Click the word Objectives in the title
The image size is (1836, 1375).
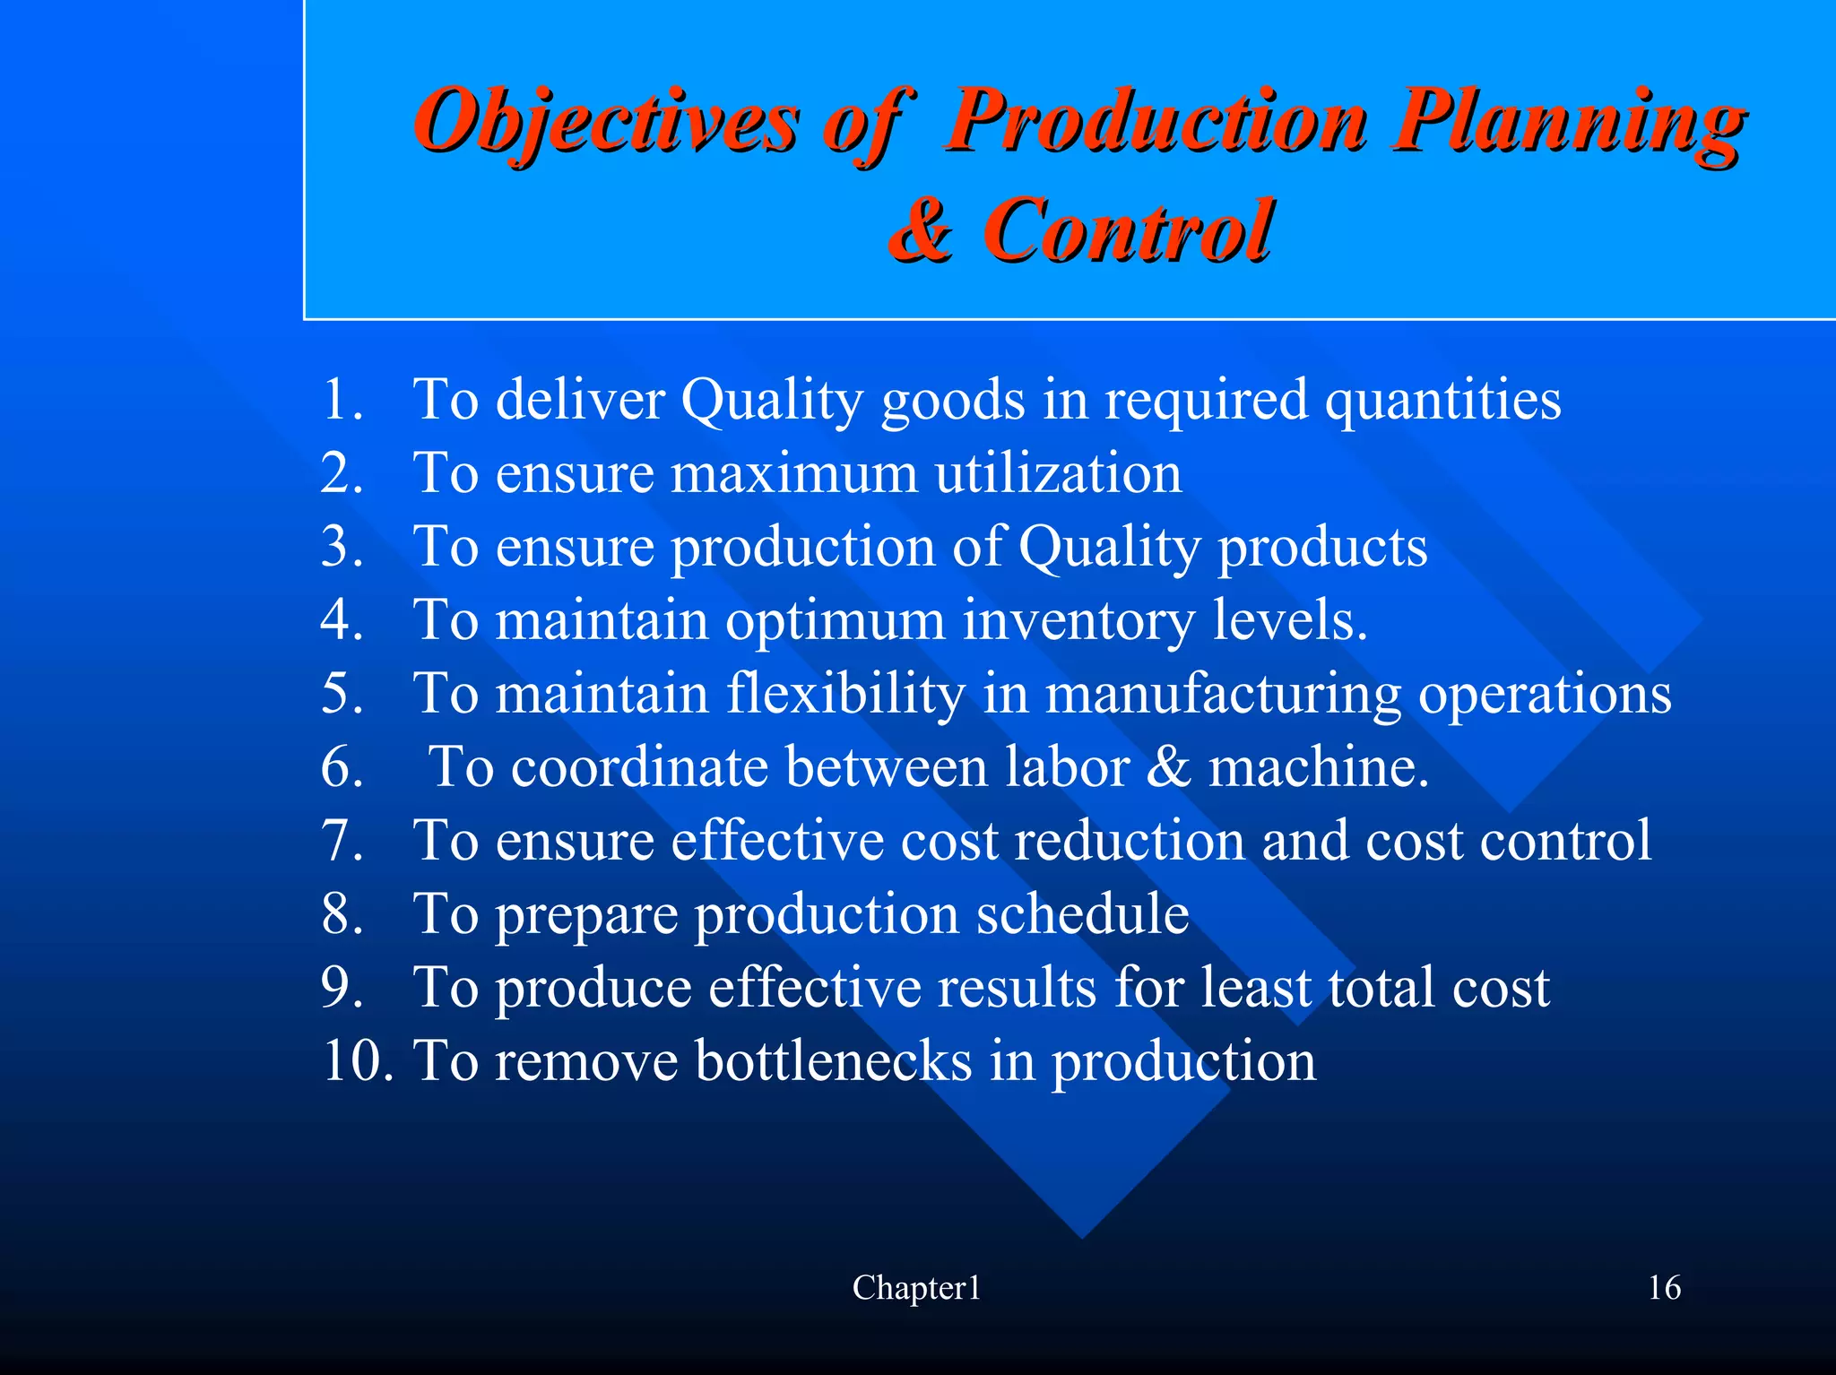click(606, 121)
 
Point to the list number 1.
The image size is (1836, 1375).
click(341, 399)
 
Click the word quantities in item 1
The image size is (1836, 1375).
click(1442, 399)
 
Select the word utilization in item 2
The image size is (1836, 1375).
click(1058, 472)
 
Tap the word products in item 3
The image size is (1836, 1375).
click(1321, 546)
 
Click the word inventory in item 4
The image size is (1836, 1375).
click(1078, 619)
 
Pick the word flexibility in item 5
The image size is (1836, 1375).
click(845, 693)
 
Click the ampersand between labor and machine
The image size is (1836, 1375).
click(1168, 766)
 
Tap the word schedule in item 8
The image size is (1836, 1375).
click(1082, 913)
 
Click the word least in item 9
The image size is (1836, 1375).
click(1255, 987)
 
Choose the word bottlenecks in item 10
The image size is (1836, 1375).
click(833, 1060)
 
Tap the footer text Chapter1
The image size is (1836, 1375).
click(916, 1288)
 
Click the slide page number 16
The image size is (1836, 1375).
click(1664, 1288)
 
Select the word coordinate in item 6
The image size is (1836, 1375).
click(639, 766)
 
